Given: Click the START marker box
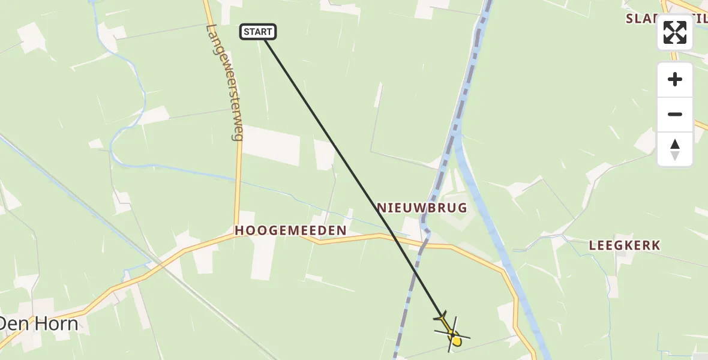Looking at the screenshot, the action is [x=258, y=32].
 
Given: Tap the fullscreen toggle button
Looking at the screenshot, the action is [x=675, y=32].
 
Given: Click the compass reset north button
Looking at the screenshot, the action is [x=675, y=149].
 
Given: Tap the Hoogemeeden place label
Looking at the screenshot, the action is [x=290, y=230].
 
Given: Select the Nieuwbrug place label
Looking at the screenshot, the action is [x=422, y=208].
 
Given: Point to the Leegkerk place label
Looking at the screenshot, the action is [x=624, y=245].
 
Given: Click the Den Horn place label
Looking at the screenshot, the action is [x=38, y=324].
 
